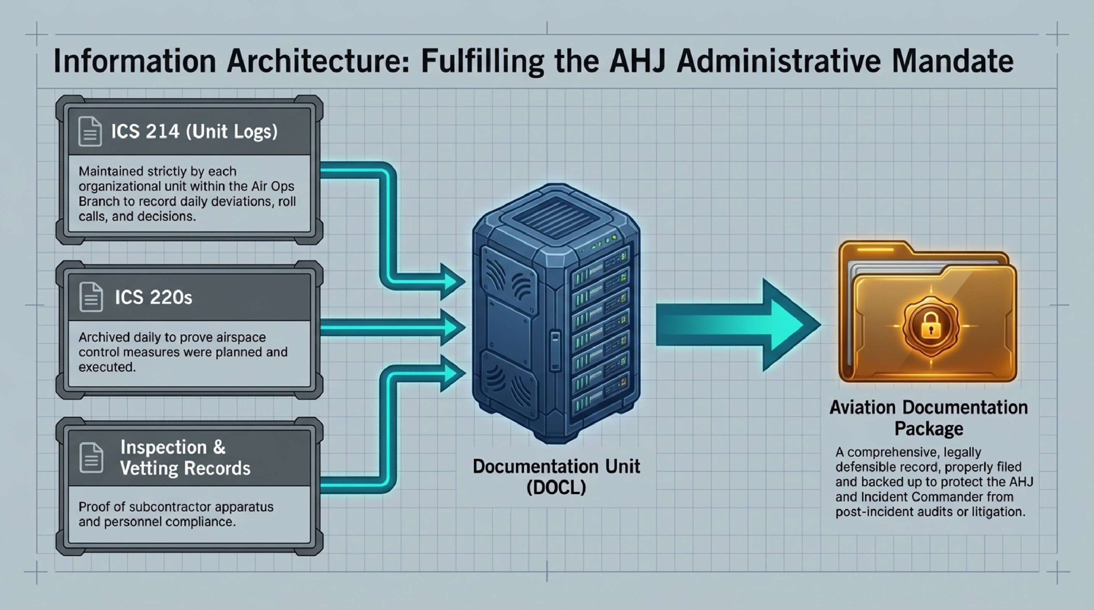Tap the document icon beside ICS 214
click(x=90, y=132)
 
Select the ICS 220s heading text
click(x=153, y=297)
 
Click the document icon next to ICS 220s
click(x=91, y=297)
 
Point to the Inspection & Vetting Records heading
click(x=185, y=458)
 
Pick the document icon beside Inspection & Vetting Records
click(x=91, y=458)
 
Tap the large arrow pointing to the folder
click(x=739, y=324)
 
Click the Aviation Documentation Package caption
click(x=928, y=418)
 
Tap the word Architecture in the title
click(x=317, y=61)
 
